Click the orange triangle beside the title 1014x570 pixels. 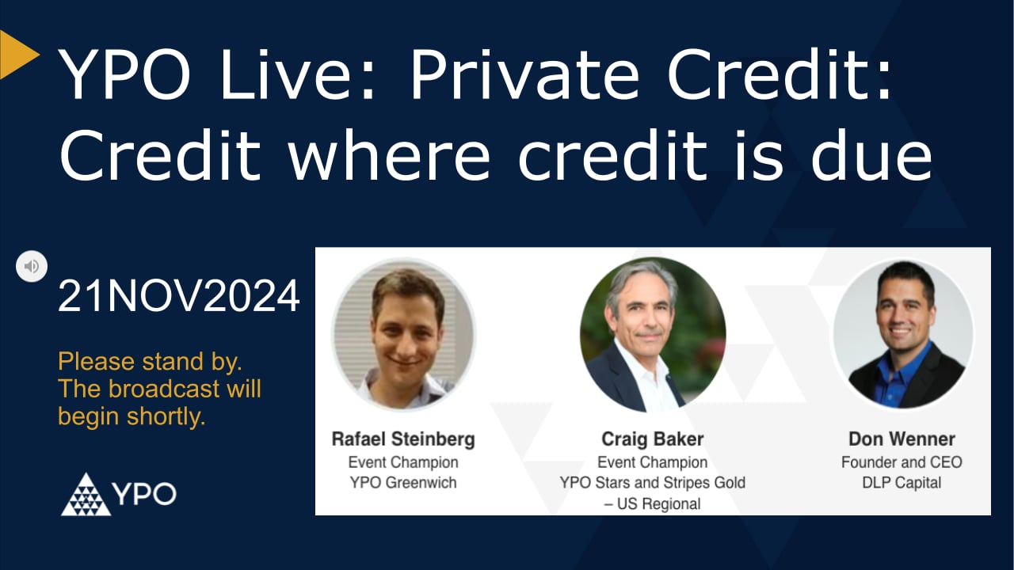17,54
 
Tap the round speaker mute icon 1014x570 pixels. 32,266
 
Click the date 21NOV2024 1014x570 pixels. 179,298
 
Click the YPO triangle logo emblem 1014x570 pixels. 86,494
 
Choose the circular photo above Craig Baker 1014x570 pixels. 652,335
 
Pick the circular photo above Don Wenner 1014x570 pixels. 902,336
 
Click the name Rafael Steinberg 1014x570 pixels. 403,439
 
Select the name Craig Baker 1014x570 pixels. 652,439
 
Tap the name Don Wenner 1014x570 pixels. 902,439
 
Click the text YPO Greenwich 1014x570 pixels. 403,483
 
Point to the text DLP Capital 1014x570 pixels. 902,483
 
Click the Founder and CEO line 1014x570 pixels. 902,462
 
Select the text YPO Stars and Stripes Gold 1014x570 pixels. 652,482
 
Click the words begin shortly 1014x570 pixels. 132,416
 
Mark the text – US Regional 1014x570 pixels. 652,503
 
